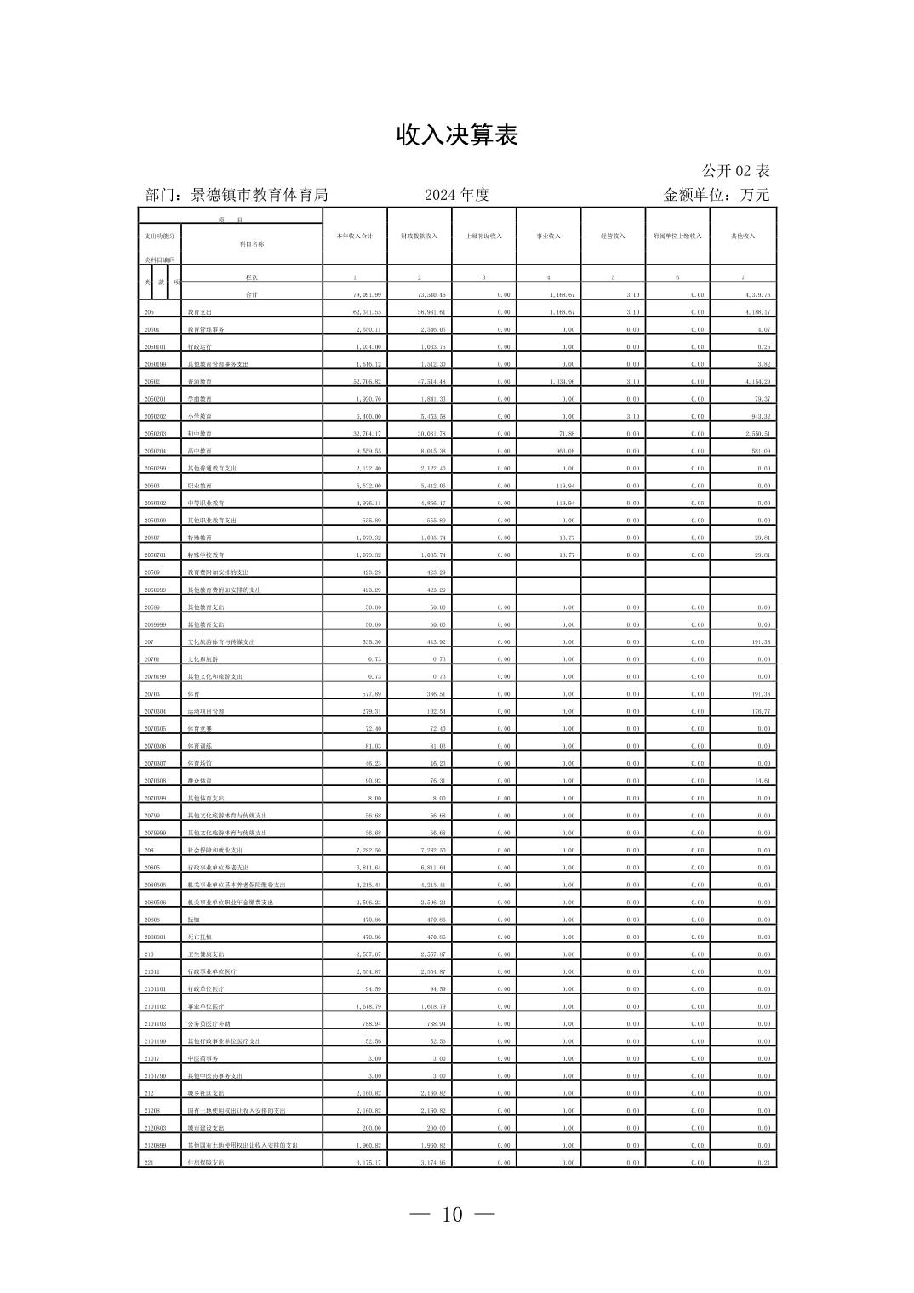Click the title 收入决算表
point(457,135)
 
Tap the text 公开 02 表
point(735,171)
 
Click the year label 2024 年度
point(457,195)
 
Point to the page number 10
point(452,1215)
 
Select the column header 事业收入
point(548,236)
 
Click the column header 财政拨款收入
point(419,236)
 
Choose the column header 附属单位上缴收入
point(677,236)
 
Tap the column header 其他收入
point(743,236)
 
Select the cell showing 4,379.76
point(757,295)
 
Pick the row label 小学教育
point(200,417)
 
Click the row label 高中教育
point(200,452)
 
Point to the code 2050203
point(155,434)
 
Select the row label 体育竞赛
point(200,729)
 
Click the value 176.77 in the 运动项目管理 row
point(758,712)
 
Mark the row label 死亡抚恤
point(200,937)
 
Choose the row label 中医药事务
point(203,1059)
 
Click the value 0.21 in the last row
point(763,1163)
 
